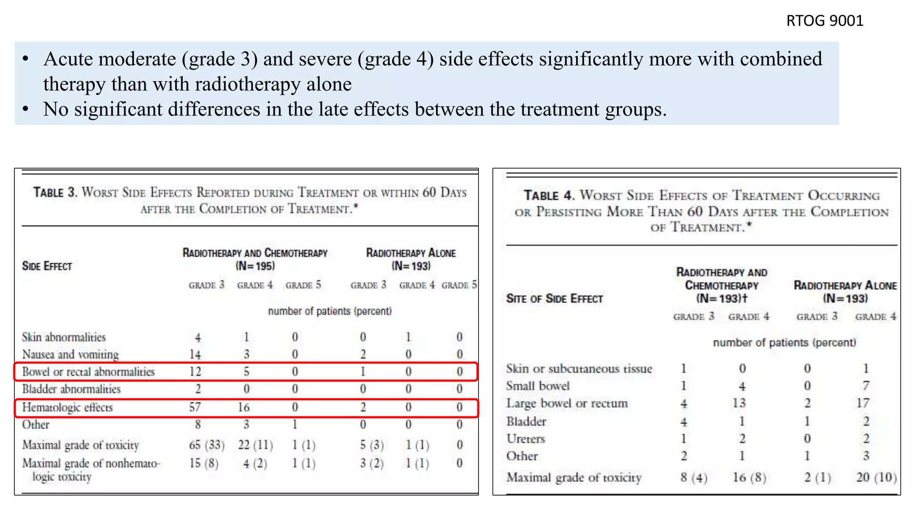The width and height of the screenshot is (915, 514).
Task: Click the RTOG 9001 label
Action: (x=824, y=21)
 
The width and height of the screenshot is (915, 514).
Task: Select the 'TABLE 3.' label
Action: (x=55, y=193)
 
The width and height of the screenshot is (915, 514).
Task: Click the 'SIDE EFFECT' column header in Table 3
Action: (x=47, y=266)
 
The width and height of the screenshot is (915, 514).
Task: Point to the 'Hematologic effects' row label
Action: (x=67, y=407)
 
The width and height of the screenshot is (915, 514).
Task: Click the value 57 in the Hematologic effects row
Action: (x=195, y=407)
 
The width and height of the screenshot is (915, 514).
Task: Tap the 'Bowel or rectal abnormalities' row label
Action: (x=88, y=372)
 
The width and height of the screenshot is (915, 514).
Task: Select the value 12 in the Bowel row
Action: (x=195, y=372)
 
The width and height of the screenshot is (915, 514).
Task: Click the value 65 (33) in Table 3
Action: (x=206, y=445)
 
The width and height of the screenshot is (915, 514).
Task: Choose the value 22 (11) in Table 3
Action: (x=255, y=445)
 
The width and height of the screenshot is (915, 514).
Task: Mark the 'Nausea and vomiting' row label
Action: (x=71, y=354)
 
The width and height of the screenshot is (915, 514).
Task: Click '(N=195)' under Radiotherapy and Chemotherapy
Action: (x=255, y=266)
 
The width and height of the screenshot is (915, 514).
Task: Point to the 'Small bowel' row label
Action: (x=538, y=386)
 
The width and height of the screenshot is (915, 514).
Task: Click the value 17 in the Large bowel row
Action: (x=863, y=403)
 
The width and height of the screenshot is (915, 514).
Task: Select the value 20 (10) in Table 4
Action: (x=876, y=477)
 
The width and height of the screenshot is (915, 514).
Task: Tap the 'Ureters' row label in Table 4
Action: (x=526, y=439)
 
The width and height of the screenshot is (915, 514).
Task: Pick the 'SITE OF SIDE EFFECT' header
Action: (x=554, y=298)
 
